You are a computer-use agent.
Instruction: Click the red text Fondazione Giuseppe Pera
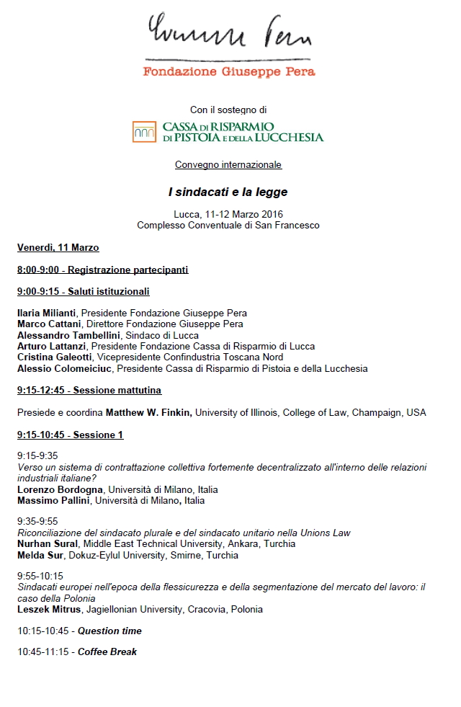click(229, 71)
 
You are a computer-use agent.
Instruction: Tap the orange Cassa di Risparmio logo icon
click(144, 132)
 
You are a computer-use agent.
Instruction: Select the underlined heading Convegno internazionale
click(228, 165)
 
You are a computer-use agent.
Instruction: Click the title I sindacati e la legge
click(228, 192)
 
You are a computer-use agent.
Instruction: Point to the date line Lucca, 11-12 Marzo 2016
click(228, 214)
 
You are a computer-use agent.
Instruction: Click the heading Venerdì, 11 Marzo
click(58, 248)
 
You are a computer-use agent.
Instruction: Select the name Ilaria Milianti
click(48, 314)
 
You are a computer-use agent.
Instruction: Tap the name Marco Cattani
click(47, 324)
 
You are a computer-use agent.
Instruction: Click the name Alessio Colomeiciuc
click(64, 368)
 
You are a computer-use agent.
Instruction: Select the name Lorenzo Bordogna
click(61, 489)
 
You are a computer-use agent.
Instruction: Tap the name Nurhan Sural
click(48, 544)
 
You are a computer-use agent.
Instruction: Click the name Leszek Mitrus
click(49, 610)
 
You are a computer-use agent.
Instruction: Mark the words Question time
click(109, 631)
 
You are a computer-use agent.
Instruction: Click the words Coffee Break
click(107, 652)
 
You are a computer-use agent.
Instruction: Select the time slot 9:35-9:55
click(37, 521)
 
